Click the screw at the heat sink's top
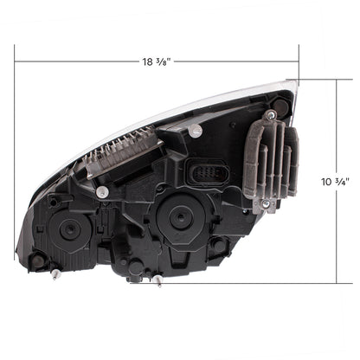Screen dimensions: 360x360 (x=272, y=115)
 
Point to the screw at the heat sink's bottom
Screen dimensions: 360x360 (x=267, y=204)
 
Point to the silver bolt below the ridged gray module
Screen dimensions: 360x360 (x=102, y=190)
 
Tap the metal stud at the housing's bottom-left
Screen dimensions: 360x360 (x=54, y=274)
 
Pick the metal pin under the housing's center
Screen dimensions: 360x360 (x=157, y=280)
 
